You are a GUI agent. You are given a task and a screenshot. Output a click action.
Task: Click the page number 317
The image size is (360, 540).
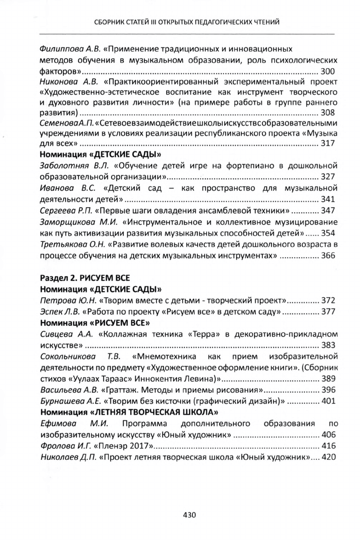tap(328, 144)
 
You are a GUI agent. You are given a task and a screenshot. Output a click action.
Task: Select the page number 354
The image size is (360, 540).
tap(328, 232)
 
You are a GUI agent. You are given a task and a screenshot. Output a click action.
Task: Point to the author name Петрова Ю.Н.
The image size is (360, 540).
tap(65, 300)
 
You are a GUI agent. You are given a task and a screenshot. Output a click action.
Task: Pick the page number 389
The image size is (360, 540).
tap(328, 378)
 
